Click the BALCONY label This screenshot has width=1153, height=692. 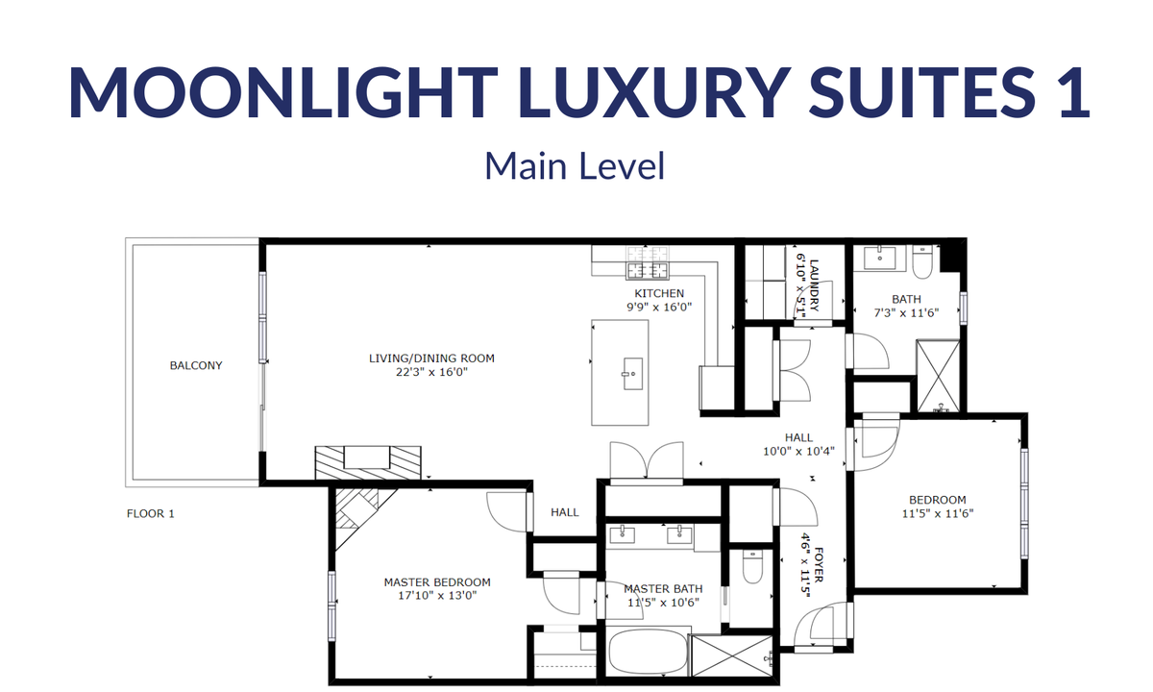(196, 365)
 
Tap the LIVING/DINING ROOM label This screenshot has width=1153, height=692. (431, 358)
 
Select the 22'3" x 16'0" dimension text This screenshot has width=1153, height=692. (431, 372)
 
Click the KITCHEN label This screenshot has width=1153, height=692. (659, 293)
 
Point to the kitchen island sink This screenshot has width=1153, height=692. (632, 374)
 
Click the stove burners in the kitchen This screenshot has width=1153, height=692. (647, 263)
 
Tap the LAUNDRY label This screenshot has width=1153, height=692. (814, 285)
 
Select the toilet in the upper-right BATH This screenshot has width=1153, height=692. (922, 261)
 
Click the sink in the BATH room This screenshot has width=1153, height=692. (880, 258)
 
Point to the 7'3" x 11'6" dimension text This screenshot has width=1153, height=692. (906, 312)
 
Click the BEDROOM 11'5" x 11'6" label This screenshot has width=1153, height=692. (938, 507)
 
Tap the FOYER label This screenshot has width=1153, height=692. (819, 565)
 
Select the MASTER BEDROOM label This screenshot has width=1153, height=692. (437, 582)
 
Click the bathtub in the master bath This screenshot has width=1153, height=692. (648, 652)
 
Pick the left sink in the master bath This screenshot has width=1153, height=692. (623, 534)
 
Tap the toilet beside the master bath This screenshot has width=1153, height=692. (752, 567)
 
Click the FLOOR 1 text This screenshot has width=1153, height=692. (150, 514)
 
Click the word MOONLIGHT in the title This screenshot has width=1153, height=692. (283, 92)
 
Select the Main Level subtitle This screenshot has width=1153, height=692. (575, 165)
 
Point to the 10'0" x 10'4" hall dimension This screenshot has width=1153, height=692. (798, 452)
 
